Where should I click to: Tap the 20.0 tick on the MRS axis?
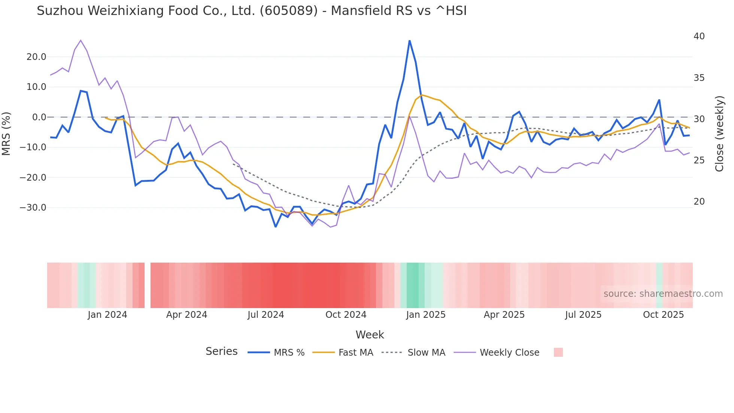click(36, 57)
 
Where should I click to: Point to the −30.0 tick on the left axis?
click(33, 208)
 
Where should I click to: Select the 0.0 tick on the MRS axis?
click(39, 117)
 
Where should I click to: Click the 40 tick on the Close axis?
click(699, 36)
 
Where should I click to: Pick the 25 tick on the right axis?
click(699, 160)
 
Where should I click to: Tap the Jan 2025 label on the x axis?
click(425, 315)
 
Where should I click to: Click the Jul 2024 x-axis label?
click(266, 315)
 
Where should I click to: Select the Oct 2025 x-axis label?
click(663, 315)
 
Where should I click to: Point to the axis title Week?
click(370, 335)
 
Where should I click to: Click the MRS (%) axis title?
click(6, 133)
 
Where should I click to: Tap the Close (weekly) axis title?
click(719, 133)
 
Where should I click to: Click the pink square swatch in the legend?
click(558, 352)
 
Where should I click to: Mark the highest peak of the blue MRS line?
click(409, 40)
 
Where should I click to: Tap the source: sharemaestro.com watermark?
click(663, 294)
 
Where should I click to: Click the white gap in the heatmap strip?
click(148, 285)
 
